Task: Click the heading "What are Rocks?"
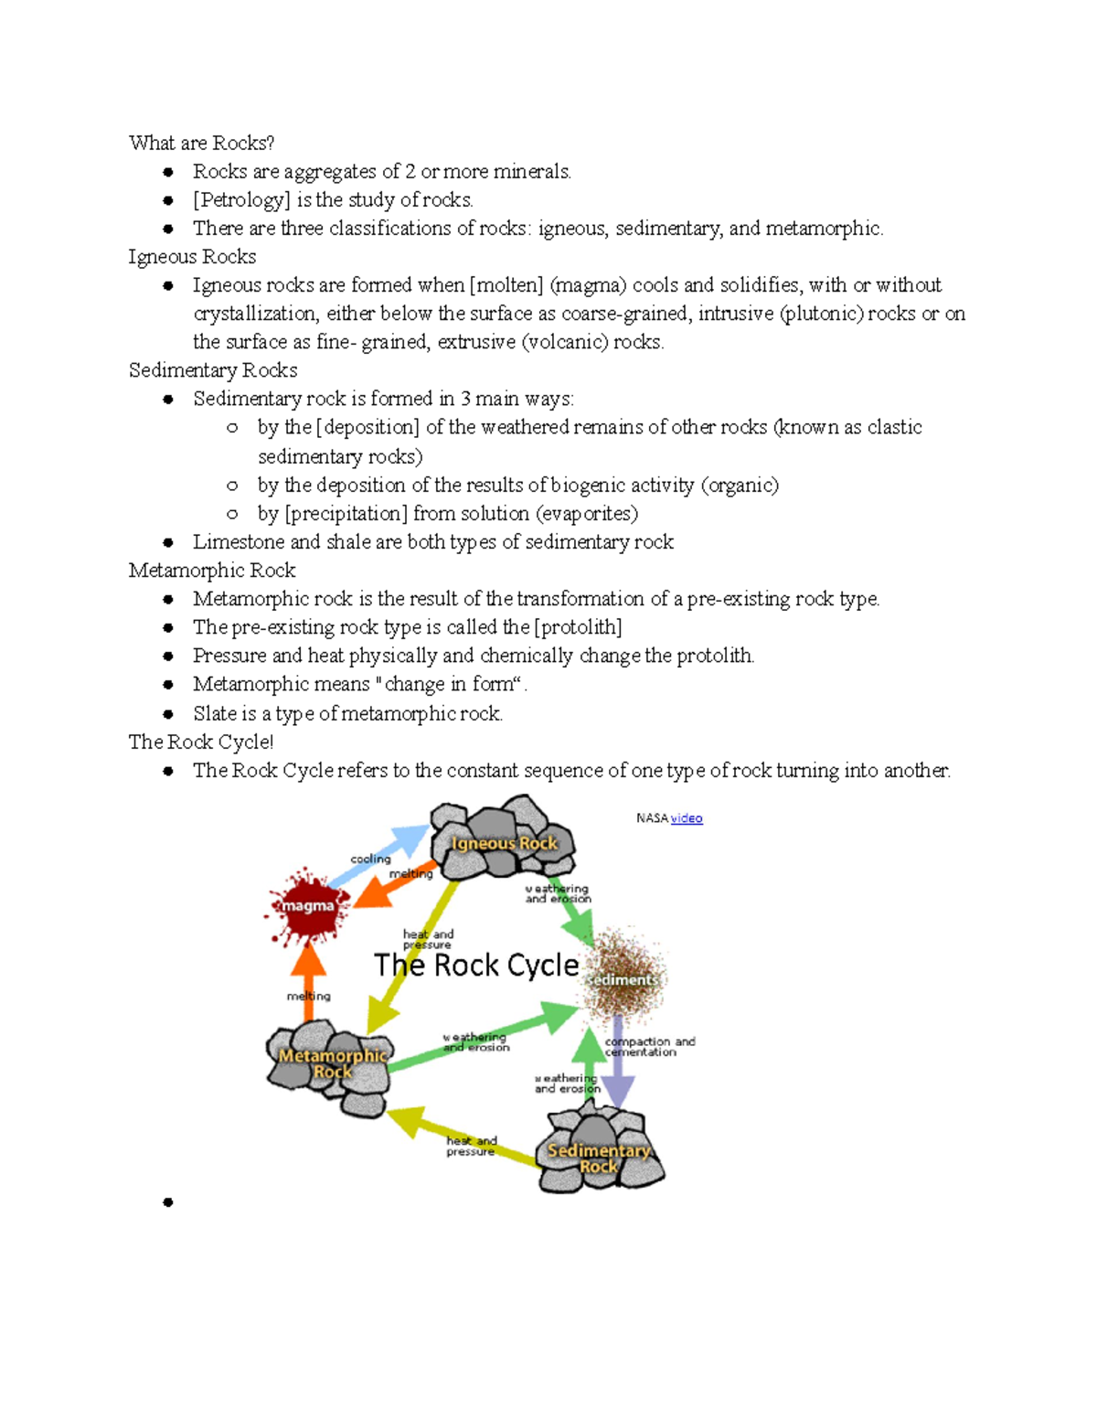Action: tap(201, 143)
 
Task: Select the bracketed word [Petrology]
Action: tap(241, 199)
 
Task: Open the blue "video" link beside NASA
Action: tap(687, 818)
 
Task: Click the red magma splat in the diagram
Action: tap(308, 905)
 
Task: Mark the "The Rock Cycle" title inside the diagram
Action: tap(476, 965)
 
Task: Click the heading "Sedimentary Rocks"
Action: tap(212, 370)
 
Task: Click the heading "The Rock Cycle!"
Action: tap(200, 742)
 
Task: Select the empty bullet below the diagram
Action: tap(168, 1202)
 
